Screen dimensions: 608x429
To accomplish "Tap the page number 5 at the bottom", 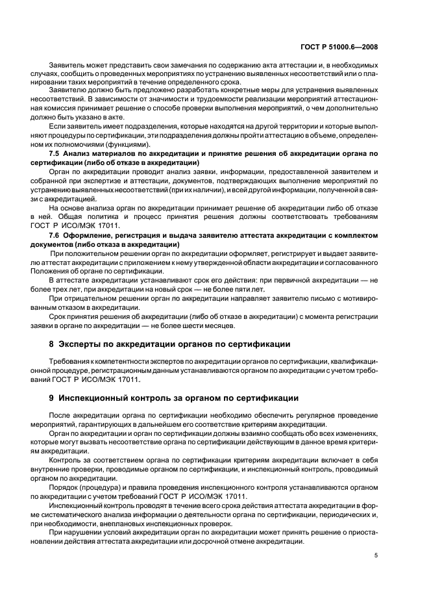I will coord(376,555).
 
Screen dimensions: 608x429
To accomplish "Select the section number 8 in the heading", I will coord(53,344).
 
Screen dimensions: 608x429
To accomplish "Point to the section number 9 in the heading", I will coord(53,397).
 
